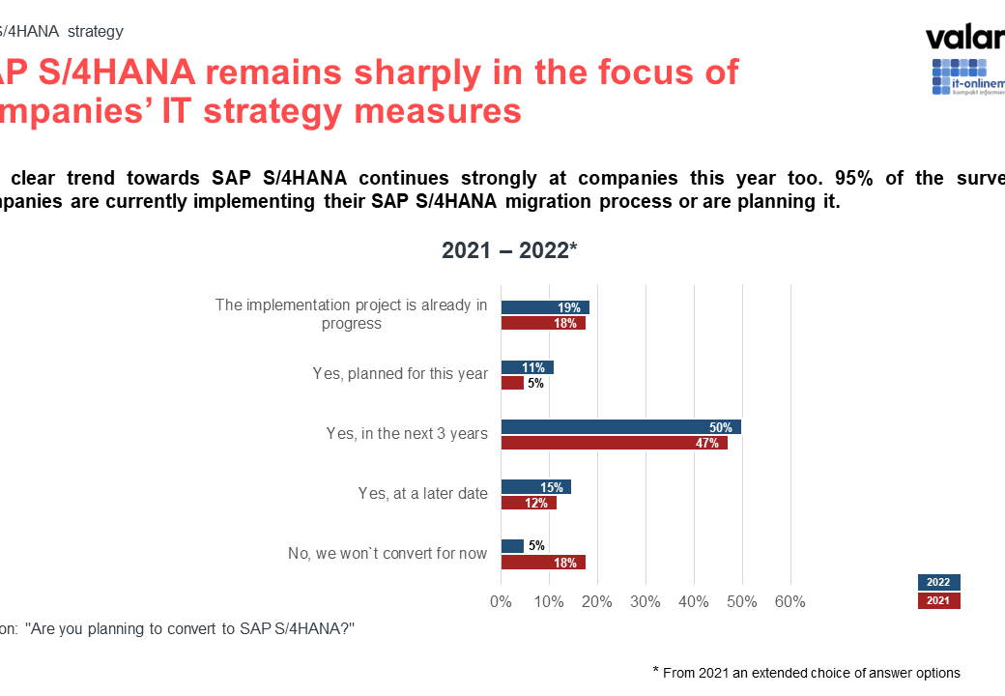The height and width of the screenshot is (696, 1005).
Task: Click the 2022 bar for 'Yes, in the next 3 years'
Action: click(620, 427)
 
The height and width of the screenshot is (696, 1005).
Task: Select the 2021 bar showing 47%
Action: click(614, 444)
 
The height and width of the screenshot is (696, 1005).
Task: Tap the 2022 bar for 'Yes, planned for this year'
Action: click(527, 367)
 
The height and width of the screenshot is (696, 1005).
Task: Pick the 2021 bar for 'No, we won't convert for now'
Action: click(543, 563)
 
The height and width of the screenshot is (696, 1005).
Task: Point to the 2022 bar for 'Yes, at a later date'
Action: click(536, 487)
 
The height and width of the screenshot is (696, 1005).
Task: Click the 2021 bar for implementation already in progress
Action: click(543, 324)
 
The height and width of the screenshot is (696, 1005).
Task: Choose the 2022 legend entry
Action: click(938, 582)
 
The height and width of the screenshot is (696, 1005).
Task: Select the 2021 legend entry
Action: click(938, 601)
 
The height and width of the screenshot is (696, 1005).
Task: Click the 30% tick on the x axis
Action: click(646, 601)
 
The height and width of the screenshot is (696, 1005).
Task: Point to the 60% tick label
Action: click(790, 601)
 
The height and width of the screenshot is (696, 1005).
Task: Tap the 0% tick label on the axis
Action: click(501, 601)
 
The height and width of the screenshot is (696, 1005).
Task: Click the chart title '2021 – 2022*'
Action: click(509, 250)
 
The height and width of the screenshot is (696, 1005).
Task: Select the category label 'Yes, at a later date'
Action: click(423, 494)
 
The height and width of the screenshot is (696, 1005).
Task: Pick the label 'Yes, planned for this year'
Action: click(400, 374)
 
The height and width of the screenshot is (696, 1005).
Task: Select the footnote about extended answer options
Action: click(807, 673)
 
